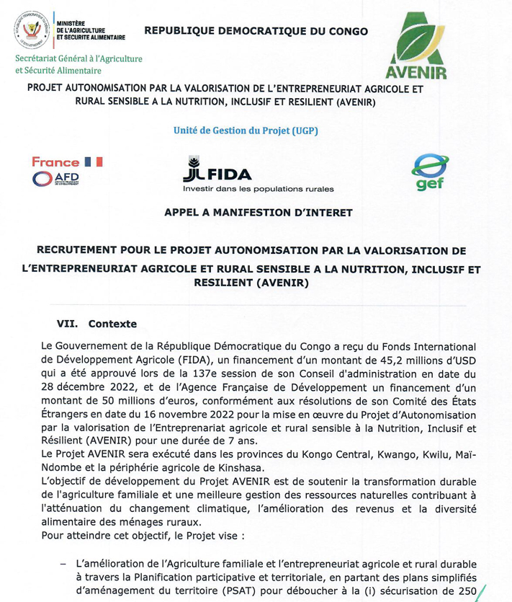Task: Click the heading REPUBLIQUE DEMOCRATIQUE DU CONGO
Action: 256,31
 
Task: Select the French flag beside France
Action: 94,161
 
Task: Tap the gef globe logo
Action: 429,172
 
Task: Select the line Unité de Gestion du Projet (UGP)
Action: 246,130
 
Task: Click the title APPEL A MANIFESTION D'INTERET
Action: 259,213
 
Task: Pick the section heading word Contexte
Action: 112,324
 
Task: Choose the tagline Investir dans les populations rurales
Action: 258,190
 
